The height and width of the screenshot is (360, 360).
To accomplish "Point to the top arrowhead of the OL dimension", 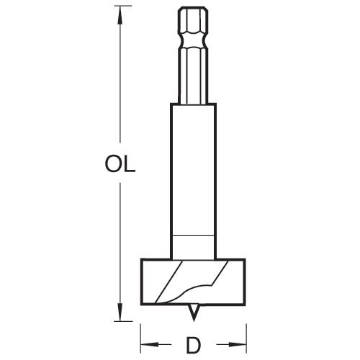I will (117, 14).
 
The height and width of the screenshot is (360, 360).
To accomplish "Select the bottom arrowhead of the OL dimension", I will (117, 311).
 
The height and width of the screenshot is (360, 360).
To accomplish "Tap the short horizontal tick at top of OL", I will (117, 8).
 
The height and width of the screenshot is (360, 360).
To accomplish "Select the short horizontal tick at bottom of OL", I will (117, 318).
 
